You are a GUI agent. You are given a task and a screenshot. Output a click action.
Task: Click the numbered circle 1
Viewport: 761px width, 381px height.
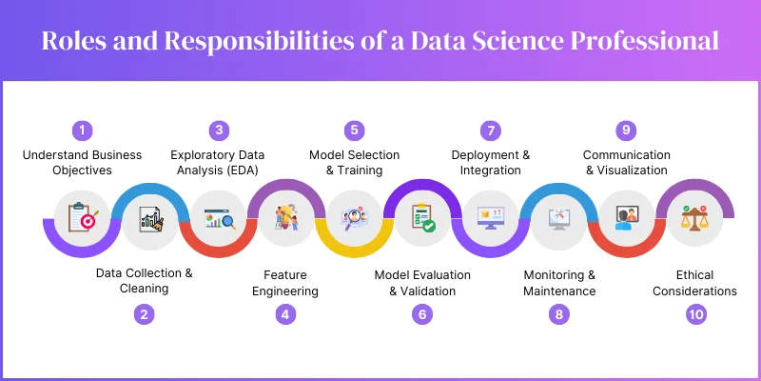pos(83,130)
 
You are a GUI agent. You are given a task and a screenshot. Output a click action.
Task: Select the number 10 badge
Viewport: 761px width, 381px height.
pos(697,313)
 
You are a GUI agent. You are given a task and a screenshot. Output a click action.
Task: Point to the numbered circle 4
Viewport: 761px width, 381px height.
pos(285,313)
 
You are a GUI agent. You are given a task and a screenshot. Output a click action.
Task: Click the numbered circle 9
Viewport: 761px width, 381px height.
pos(625,130)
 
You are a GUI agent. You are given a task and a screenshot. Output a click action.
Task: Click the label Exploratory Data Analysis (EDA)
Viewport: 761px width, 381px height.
pos(218,162)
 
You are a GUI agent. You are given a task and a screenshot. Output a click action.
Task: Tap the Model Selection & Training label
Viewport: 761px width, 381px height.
pos(354,162)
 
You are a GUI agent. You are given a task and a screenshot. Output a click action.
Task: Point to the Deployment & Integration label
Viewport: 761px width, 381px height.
pos(490,162)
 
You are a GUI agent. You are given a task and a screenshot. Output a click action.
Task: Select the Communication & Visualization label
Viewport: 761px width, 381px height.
pos(626,162)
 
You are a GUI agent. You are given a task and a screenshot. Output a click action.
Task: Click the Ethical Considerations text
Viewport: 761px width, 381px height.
pos(694,283)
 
